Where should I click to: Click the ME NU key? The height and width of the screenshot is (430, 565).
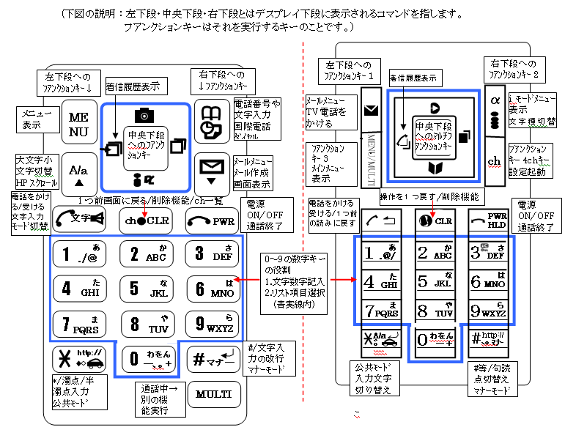(78, 124)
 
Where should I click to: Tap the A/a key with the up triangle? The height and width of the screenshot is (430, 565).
(78, 173)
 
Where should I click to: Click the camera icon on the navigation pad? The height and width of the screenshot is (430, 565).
(144, 116)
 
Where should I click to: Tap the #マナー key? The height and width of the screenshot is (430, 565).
(214, 358)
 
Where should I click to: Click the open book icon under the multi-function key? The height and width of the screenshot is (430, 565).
(435, 169)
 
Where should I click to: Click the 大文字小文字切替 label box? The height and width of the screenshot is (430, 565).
(35, 171)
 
